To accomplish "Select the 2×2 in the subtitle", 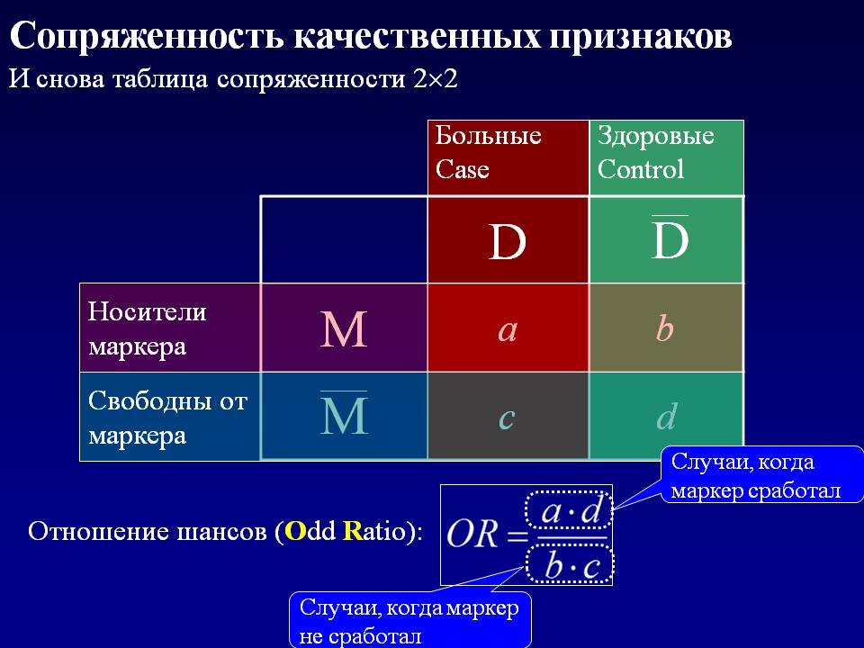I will tap(436, 78).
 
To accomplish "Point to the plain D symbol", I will tap(507, 243).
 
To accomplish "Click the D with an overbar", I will tap(669, 239).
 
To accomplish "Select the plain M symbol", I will tap(344, 330).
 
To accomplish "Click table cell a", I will tap(508, 330).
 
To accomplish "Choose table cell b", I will tap(665, 330).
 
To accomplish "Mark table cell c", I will tap(507, 417).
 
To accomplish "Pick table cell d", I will tap(666, 417).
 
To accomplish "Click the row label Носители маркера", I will tap(148, 328).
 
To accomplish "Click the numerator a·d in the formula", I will tap(570, 512).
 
